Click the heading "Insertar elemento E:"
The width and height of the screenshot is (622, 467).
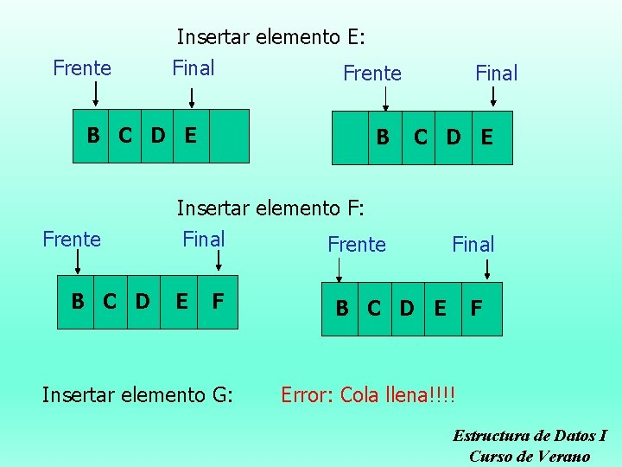pyautogui.click(x=271, y=37)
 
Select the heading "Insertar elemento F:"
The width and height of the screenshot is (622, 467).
pyautogui.click(x=271, y=208)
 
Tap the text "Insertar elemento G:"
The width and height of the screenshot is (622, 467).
pyautogui.click(x=137, y=395)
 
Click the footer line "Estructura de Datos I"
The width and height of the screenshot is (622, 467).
pyautogui.click(x=530, y=436)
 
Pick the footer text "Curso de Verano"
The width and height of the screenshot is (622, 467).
pyautogui.click(x=530, y=456)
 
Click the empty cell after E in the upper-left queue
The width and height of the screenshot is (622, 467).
pyautogui.click(x=229, y=136)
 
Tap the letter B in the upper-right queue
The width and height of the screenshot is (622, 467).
pyautogui.click(x=383, y=137)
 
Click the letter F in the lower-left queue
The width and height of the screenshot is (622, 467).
pyautogui.click(x=219, y=302)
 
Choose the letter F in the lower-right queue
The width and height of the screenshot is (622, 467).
pyautogui.click(x=476, y=307)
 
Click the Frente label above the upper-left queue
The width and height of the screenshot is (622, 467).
pyautogui.click(x=82, y=68)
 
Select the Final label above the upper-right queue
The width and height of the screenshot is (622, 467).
pyautogui.click(x=496, y=74)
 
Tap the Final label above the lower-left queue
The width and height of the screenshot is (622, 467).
pyautogui.click(x=203, y=240)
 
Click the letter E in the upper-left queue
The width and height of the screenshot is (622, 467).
pyautogui.click(x=190, y=135)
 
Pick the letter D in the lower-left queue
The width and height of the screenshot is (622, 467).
pyautogui.click(x=143, y=302)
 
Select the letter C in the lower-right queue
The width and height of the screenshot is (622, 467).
pyautogui.click(x=374, y=307)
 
